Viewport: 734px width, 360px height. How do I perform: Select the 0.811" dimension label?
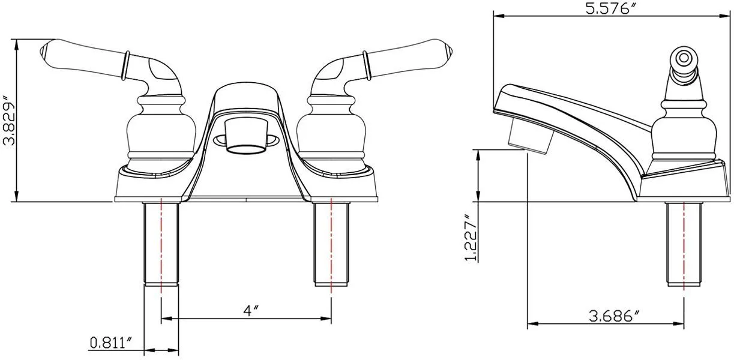[111, 343]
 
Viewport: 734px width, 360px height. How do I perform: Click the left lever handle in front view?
[84, 60]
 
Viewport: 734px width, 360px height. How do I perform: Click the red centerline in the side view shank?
[684, 252]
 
